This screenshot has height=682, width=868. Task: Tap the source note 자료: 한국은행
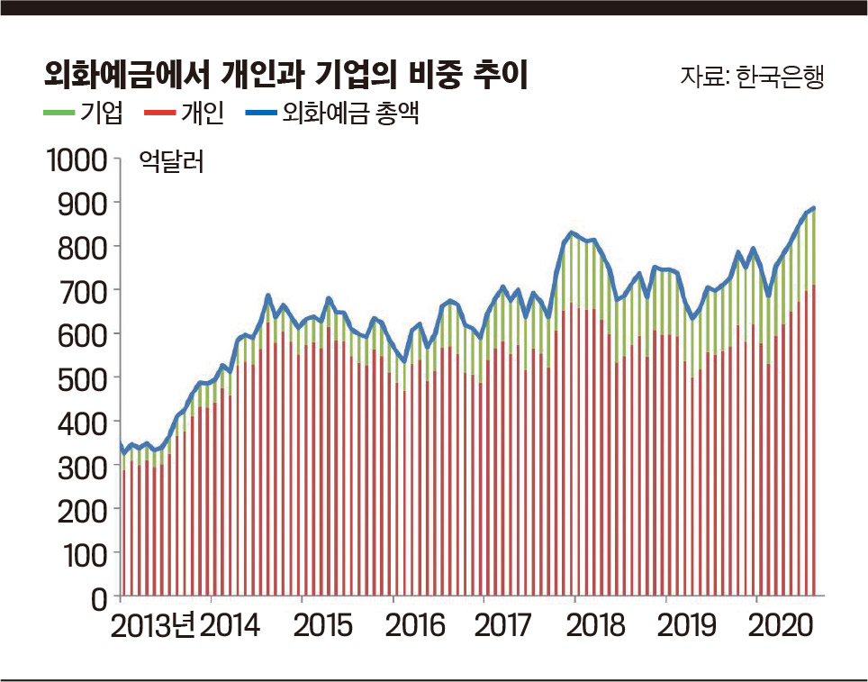[752, 76]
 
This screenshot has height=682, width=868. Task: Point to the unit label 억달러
[172, 163]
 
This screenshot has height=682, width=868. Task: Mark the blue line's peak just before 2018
[570, 233]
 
